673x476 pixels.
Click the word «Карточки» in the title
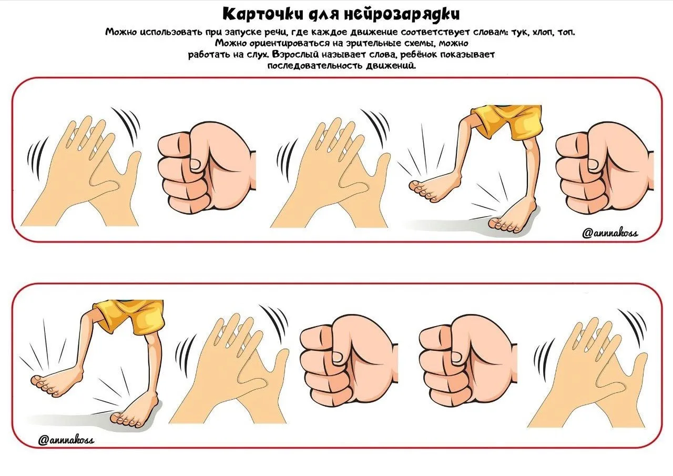click(262, 14)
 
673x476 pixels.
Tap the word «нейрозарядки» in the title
click(401, 14)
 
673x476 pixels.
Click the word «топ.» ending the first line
click(566, 32)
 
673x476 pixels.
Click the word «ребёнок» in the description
click(418, 55)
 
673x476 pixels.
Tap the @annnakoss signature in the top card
click(609, 233)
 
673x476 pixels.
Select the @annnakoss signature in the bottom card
click(66, 440)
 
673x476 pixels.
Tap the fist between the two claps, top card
click(207, 168)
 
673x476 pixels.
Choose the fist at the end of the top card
click(605, 168)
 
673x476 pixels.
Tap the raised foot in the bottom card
click(57, 383)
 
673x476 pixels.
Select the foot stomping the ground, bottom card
click(135, 413)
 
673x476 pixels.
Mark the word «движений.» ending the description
click(391, 66)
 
